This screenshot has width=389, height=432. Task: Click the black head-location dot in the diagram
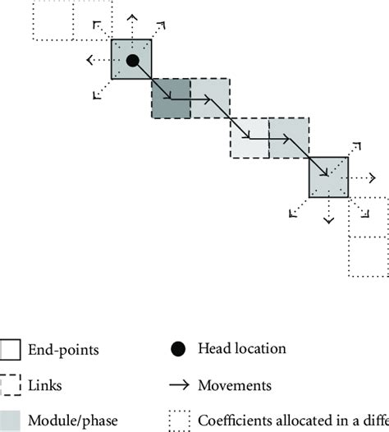[132, 60]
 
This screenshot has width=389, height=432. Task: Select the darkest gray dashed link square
[171, 99]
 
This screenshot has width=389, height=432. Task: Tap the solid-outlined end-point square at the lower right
[329, 177]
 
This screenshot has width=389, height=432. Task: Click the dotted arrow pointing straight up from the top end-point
[131, 21]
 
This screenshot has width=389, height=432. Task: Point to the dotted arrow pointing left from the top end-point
[96, 60]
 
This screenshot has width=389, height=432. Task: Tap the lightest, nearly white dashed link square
[249, 138]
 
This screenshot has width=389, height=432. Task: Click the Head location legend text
[242, 348]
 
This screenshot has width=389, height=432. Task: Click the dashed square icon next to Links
[11, 384]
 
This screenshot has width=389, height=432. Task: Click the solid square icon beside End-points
[11, 350]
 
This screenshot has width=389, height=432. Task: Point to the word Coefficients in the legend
[238, 420]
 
